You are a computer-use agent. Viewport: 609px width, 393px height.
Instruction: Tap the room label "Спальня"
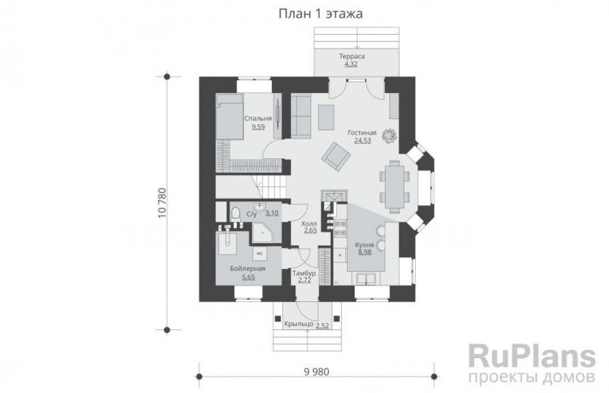[258, 119]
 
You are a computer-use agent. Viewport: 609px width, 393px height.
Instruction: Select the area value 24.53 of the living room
[360, 141]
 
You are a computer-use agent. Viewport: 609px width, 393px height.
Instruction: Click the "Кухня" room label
[364, 245]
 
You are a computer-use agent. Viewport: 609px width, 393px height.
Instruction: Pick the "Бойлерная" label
[248, 270]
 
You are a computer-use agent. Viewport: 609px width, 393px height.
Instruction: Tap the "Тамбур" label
[305, 273]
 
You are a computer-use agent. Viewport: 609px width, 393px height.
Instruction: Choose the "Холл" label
[309, 224]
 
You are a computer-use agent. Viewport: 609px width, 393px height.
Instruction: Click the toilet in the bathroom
[236, 214]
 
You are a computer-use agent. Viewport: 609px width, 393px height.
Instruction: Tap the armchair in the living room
[336, 157]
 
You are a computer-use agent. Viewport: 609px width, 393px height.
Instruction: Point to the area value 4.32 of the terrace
[351, 65]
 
